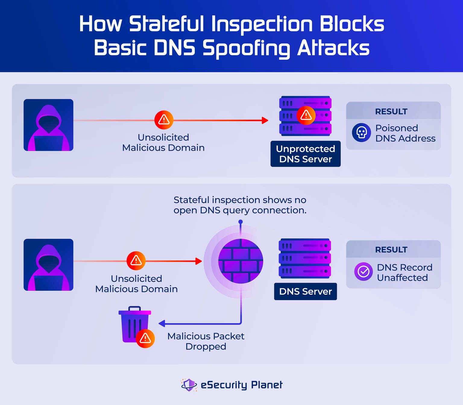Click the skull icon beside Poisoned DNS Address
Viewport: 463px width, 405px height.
tap(361, 132)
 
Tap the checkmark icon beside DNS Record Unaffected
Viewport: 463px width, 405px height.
tap(363, 271)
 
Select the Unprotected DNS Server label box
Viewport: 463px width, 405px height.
tap(305, 154)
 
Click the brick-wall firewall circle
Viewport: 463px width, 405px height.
tap(241, 261)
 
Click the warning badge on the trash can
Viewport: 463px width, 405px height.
tap(145, 338)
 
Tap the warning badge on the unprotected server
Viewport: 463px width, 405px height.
tap(306, 115)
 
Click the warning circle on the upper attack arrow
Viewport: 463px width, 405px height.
tap(164, 120)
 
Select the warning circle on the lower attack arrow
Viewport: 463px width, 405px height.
tap(136, 261)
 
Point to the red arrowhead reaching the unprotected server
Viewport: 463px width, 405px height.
tap(265, 120)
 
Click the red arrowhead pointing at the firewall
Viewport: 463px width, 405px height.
tap(198, 261)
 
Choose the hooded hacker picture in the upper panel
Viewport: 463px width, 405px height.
tap(49, 125)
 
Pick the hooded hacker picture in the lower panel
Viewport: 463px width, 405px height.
tap(49, 265)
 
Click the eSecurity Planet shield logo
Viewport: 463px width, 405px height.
tap(189, 385)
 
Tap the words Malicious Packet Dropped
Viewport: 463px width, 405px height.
tap(206, 341)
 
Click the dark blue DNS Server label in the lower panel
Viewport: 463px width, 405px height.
tap(305, 291)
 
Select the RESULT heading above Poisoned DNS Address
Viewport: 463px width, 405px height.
tap(391, 111)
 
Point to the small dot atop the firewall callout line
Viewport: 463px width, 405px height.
tap(241, 222)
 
